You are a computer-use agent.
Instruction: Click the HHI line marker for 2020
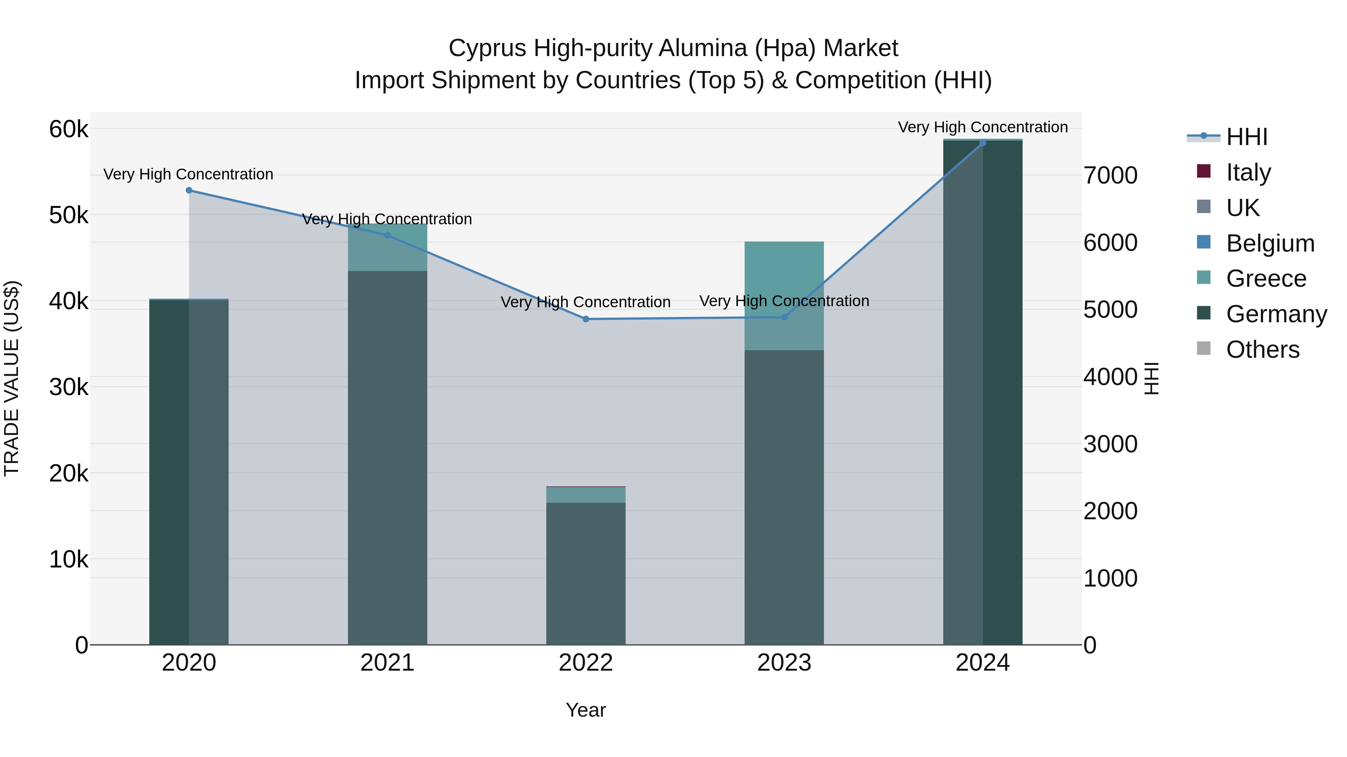point(189,191)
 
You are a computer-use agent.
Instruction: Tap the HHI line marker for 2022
point(586,319)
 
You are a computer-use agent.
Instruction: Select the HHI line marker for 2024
point(983,143)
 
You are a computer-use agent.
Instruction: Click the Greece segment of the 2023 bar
point(784,296)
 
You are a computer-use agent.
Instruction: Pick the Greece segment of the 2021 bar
point(388,247)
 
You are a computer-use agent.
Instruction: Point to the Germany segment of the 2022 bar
point(586,573)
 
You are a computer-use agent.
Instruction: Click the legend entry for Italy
point(1248,172)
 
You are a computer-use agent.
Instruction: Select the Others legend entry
point(1262,350)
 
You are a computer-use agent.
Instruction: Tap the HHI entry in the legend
point(1247,137)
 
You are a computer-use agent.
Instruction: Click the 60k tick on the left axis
point(68,129)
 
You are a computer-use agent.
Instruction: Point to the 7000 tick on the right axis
point(1110,176)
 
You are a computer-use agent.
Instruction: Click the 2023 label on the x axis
point(784,663)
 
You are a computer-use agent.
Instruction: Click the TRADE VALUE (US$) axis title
point(12,378)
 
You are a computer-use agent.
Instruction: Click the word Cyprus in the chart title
point(487,48)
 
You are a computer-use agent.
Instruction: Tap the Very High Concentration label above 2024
point(983,127)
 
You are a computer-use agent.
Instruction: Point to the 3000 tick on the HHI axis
point(1110,444)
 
